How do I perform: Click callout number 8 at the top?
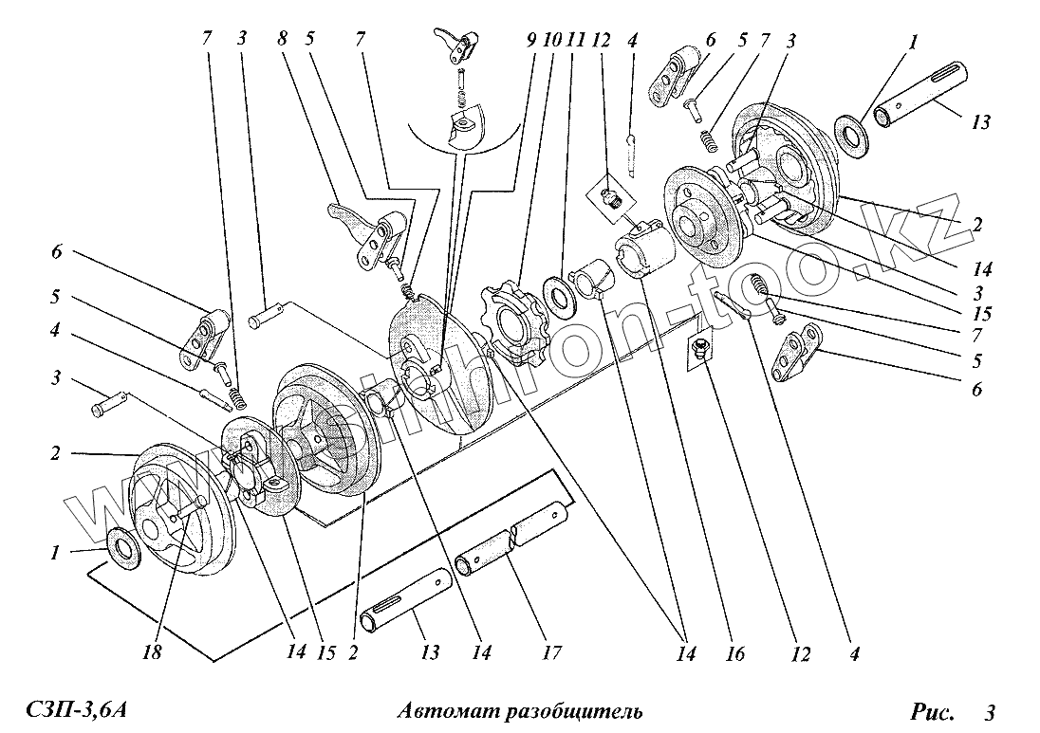(282, 40)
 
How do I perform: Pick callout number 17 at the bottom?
(552, 652)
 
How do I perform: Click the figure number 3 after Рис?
(989, 711)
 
